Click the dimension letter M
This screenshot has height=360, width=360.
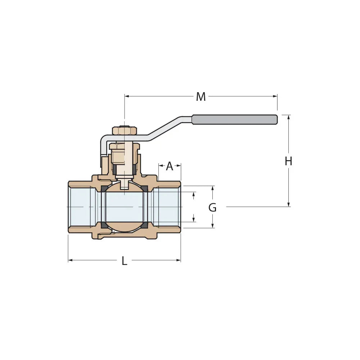click(201, 97)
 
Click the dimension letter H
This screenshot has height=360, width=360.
click(288, 162)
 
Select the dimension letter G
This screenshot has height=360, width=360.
click(212, 208)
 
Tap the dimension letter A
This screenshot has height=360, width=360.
click(170, 166)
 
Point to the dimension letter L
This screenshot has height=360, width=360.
click(124, 261)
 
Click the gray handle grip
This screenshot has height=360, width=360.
click(234, 120)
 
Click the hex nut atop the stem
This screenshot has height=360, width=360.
click(124, 130)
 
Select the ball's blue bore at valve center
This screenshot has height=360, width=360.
click(124, 207)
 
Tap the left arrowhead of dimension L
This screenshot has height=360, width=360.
click(70, 260)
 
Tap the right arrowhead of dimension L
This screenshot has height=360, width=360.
click(179, 260)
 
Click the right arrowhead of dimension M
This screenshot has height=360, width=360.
click(276, 96)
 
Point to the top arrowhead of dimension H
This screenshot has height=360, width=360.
click(288, 117)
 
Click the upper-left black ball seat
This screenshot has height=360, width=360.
click(104, 189)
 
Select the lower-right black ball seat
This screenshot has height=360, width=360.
click(145, 225)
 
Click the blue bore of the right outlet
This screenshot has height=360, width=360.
click(167, 207)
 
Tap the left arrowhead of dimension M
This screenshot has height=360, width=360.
click(126, 96)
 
